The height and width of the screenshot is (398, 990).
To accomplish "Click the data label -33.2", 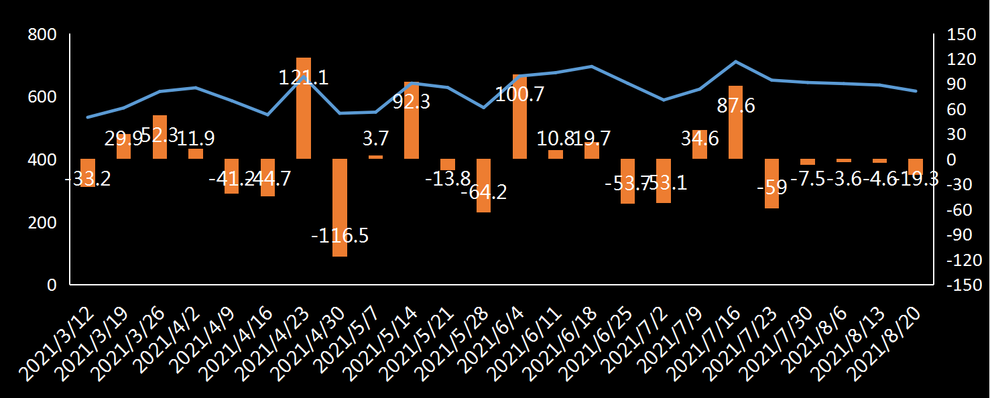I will (88, 180).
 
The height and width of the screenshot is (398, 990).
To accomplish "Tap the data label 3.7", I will (375, 139).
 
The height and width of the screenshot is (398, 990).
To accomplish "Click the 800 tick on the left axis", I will (42, 35).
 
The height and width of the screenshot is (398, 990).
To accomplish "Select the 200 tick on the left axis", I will (42, 222).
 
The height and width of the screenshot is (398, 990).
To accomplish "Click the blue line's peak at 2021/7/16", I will (736, 62).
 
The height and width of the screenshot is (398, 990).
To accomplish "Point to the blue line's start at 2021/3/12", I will (88, 117).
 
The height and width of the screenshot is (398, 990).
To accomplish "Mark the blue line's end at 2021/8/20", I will (916, 91).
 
